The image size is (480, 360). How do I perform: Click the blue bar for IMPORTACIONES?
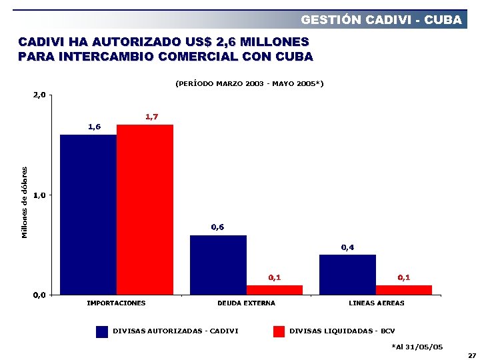88,214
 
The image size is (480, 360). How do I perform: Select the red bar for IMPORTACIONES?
145,209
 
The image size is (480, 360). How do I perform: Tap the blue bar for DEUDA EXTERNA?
218,265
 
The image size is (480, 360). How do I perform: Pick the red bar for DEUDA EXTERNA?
274,290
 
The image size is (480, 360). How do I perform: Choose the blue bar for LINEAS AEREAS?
347,274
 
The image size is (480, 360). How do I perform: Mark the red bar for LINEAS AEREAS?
404,290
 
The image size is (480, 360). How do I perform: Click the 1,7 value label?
151,117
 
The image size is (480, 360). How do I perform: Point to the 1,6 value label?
95,127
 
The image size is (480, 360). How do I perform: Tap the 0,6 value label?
217,227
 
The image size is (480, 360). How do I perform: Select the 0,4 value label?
347,247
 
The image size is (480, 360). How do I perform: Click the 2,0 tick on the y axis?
40,95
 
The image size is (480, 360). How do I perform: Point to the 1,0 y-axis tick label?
40,195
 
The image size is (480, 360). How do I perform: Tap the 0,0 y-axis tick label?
40,295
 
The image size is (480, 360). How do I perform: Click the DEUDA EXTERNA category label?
246,303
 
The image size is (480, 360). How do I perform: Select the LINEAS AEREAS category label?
376,303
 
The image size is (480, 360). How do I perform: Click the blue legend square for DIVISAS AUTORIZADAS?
102,331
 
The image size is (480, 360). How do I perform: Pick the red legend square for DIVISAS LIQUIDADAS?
279,331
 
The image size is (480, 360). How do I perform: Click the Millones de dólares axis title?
25,202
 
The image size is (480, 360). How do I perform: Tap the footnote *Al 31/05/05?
417,346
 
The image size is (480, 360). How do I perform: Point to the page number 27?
472,355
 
